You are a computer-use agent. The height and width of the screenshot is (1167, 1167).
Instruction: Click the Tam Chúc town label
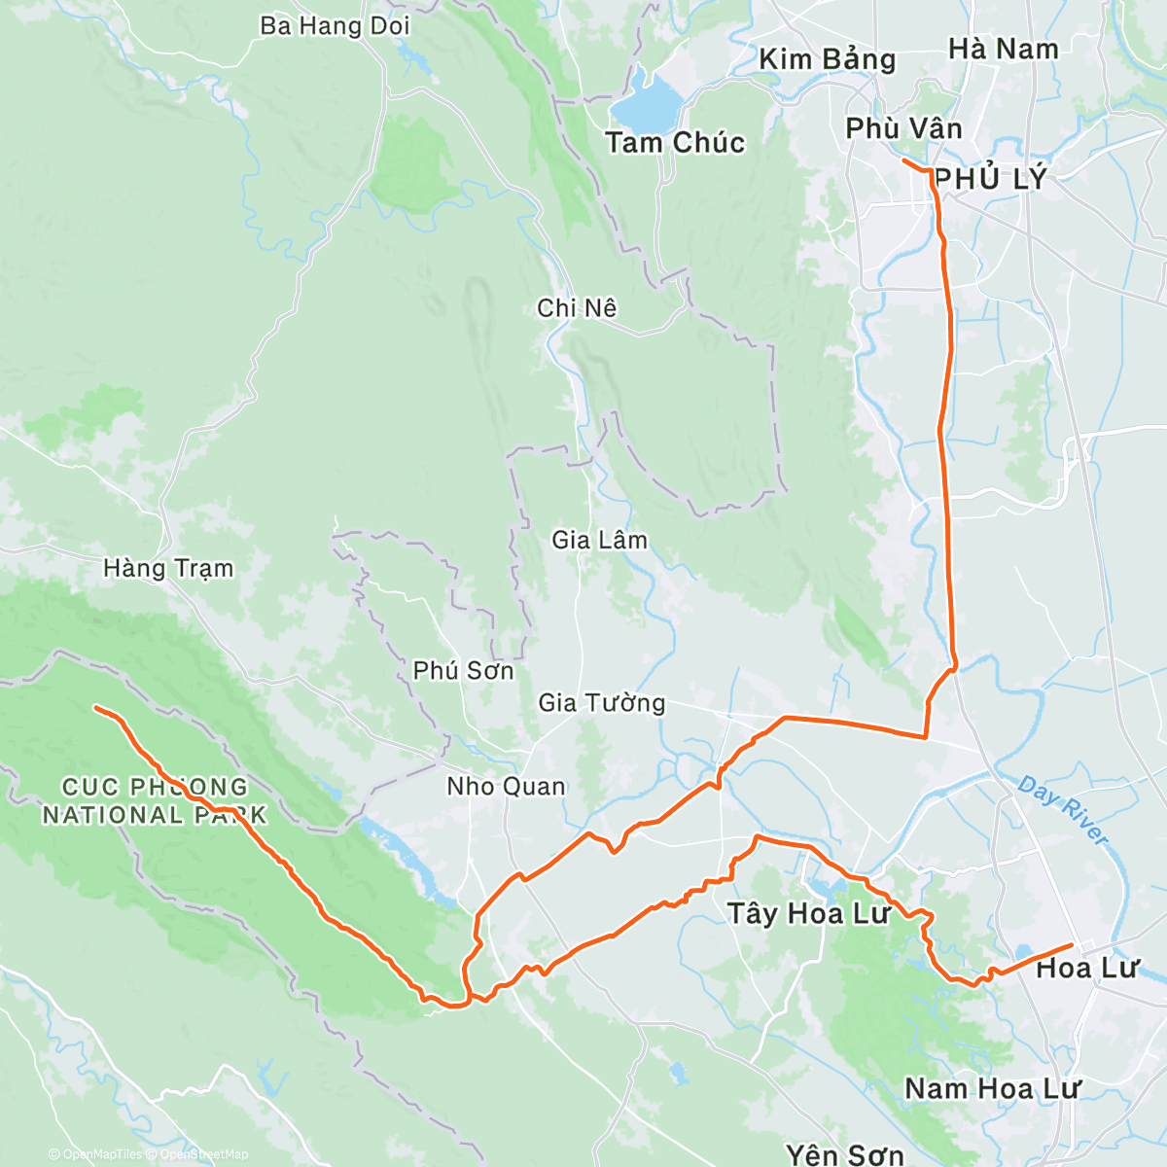(675, 143)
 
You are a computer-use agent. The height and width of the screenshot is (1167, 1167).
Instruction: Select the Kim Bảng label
(827, 59)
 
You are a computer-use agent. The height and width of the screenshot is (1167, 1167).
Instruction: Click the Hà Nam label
(1003, 49)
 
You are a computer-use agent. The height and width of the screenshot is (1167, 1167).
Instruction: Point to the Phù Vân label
(903, 128)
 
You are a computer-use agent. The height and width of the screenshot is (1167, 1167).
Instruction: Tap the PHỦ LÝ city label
(992, 179)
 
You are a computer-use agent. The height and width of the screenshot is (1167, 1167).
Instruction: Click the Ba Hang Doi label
(335, 26)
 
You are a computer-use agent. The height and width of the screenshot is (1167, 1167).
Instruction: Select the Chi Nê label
(577, 308)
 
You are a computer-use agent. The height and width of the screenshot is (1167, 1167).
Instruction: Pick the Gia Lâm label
(599, 540)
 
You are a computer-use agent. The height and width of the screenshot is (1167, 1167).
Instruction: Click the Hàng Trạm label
(168, 568)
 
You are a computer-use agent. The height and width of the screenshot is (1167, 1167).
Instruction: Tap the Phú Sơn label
(463, 671)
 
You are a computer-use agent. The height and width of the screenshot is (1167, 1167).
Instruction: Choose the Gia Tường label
(602, 703)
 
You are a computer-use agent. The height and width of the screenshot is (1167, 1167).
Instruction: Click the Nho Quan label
(506, 787)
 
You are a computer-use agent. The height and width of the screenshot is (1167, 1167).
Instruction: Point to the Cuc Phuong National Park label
(155, 800)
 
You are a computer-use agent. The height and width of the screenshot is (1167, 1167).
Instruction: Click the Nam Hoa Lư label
(992, 1088)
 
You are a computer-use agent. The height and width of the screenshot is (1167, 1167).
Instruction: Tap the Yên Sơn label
(844, 1154)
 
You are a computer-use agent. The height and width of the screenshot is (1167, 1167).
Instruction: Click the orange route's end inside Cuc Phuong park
(95, 708)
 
